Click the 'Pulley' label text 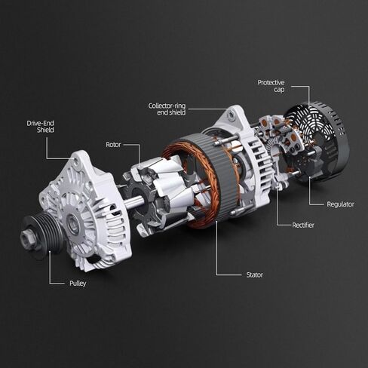[x=78, y=284]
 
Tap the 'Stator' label [x=255, y=274]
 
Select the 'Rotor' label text [x=113, y=145]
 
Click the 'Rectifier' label [x=303, y=225]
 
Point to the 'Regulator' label [x=340, y=204]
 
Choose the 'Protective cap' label [x=271, y=86]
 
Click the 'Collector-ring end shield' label [x=167, y=109]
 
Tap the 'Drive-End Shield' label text [x=41, y=127]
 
